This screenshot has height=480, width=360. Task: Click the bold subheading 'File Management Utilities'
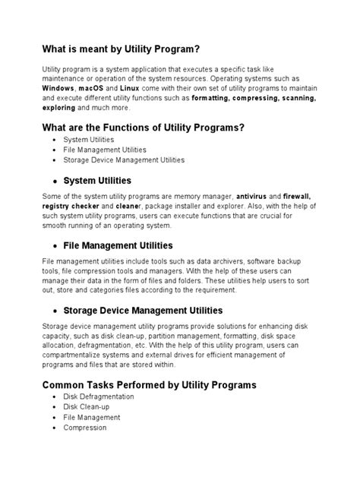(x=118, y=245)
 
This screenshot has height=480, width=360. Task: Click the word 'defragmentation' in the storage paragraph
(x=96, y=345)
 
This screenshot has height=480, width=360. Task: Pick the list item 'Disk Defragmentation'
(x=99, y=396)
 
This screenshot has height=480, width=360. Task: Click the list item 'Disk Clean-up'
(x=87, y=407)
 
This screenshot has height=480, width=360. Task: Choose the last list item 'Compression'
(x=85, y=428)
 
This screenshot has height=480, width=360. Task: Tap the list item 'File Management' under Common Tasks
(x=91, y=418)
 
